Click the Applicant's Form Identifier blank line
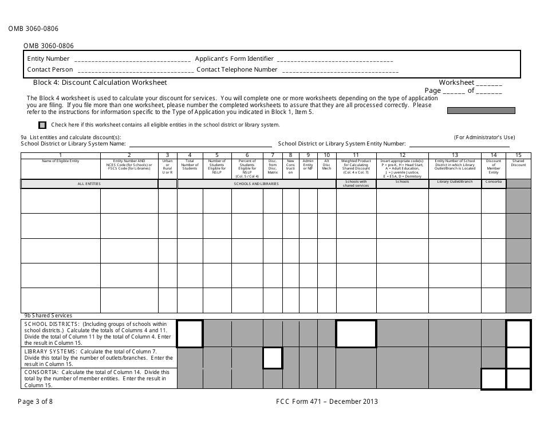[334, 60]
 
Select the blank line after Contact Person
[135, 70]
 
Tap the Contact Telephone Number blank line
[340, 70]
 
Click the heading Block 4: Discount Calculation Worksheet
[100, 82]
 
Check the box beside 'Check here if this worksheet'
[42, 124]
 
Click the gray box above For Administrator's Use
[480, 111]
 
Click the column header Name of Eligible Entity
[61, 162]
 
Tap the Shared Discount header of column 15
[518, 163]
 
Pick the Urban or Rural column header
[167, 164]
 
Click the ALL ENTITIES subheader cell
[89, 184]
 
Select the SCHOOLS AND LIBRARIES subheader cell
[256, 184]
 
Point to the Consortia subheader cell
[493, 183]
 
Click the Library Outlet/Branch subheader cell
[455, 183]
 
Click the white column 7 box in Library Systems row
[273, 358]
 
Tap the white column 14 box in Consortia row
[494, 379]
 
